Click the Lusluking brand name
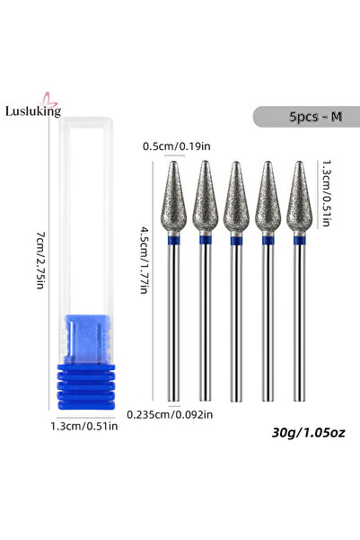coord(33,111)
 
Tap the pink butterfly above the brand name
coord(48,99)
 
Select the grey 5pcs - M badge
coord(307,117)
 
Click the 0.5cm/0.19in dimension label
coord(177,146)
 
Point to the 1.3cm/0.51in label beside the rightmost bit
coord(326,193)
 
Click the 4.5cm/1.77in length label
coord(145,260)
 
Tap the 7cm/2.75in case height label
coord(41,261)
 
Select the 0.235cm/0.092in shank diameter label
coord(170,414)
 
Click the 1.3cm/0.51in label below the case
coord(84,426)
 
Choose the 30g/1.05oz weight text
coord(308,432)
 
